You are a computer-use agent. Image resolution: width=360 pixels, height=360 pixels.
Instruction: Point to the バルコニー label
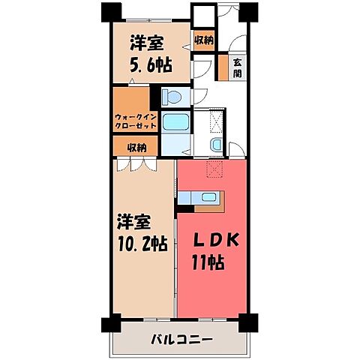[180, 337]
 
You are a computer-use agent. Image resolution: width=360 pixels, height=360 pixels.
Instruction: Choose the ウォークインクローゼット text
[136, 121]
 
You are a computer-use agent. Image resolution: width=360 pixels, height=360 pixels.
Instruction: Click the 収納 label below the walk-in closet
[136, 147]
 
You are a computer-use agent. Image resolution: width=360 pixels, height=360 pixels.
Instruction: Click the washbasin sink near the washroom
[215, 145]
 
